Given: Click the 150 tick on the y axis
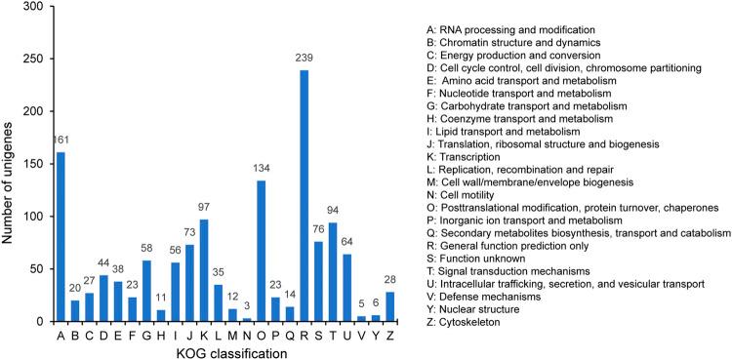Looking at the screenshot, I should [x=37, y=164].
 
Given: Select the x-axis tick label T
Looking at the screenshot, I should [x=344, y=334].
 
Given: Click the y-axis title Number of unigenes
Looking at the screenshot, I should [x=11, y=163].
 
